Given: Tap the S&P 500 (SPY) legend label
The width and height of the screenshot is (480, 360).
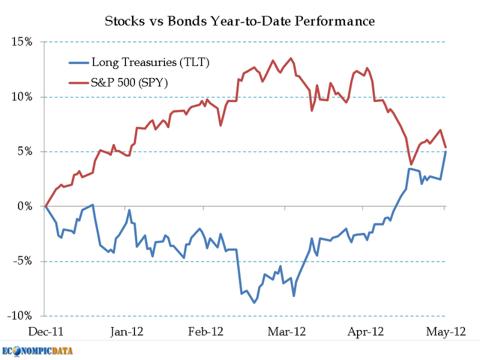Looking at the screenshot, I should [x=129, y=83].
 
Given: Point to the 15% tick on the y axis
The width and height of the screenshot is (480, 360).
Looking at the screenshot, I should [x=24, y=42].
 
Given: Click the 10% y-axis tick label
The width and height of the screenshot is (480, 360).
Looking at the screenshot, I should [x=24, y=97].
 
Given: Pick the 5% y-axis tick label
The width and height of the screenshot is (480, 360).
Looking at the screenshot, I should [x=27, y=152].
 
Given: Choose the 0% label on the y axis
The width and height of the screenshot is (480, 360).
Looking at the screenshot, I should [x=27, y=206].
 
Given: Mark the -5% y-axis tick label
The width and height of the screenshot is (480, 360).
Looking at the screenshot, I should [x=25, y=262].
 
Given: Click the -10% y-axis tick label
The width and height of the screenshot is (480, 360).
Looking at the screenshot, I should [x=23, y=316].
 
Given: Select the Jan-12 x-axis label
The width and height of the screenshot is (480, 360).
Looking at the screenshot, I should [x=127, y=331].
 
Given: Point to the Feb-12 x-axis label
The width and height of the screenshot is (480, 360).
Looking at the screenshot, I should [x=207, y=331].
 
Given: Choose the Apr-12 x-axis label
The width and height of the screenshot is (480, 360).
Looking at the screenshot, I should [x=367, y=331].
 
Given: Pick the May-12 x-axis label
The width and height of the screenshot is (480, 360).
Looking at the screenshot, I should [x=443, y=331].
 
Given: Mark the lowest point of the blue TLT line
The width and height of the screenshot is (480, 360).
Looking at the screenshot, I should [x=254, y=303].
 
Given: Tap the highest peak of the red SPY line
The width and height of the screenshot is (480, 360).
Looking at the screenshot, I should [x=291, y=58].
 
